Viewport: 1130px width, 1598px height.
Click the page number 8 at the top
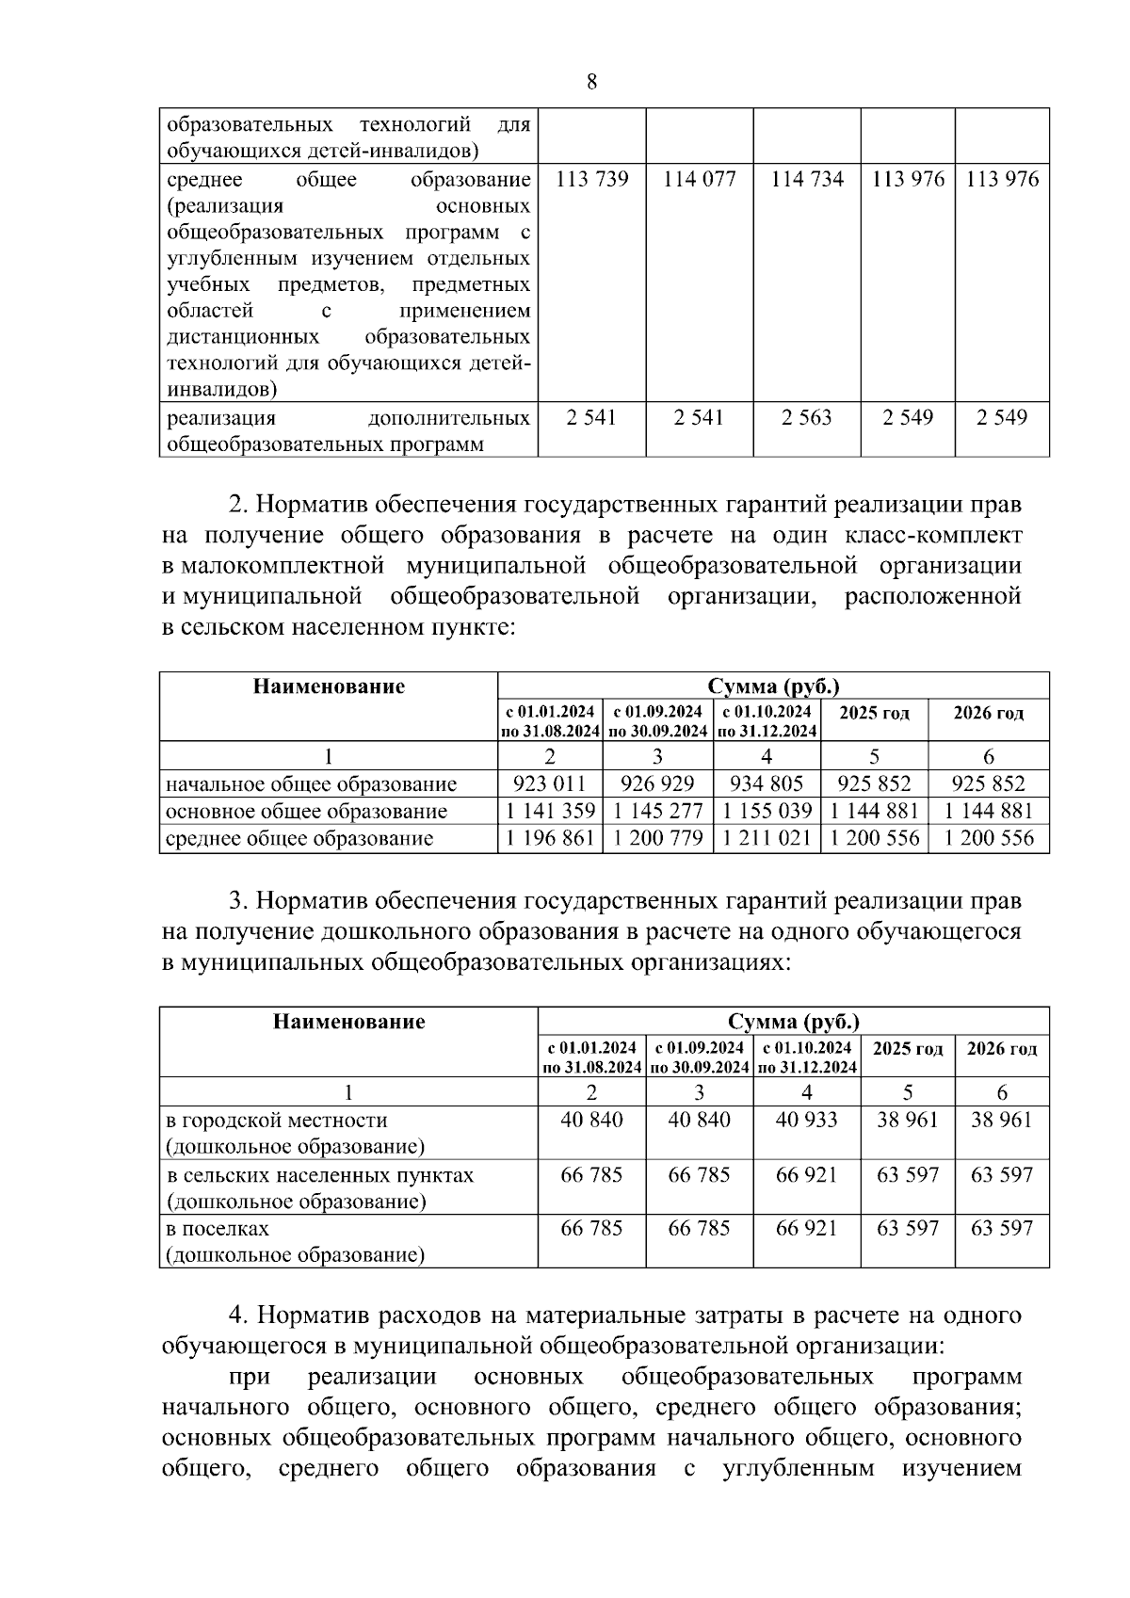(x=591, y=82)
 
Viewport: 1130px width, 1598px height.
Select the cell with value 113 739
(x=591, y=180)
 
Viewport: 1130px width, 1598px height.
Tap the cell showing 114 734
(x=806, y=180)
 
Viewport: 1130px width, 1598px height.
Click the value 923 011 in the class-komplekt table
(x=549, y=784)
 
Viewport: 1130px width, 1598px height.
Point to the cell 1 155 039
(x=767, y=812)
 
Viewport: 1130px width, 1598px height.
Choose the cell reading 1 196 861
(x=549, y=839)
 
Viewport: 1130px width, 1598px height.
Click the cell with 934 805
(x=767, y=784)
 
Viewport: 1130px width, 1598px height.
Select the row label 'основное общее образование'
(x=306, y=812)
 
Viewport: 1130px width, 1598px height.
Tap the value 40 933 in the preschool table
(x=806, y=1121)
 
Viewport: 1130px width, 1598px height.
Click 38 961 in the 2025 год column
(x=907, y=1121)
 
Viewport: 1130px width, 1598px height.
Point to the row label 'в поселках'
(x=218, y=1230)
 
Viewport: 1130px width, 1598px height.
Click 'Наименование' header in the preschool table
(x=348, y=1022)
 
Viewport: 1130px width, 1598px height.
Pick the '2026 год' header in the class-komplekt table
(x=988, y=714)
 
